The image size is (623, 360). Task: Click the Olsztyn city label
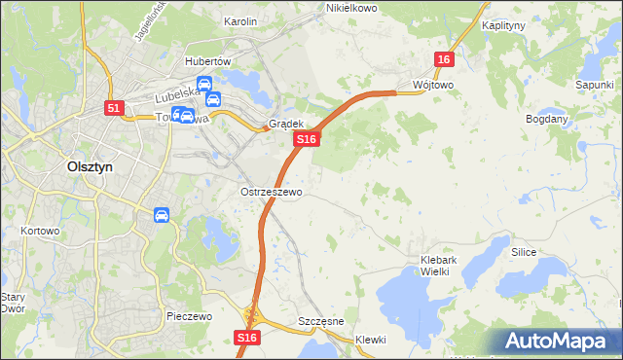[x=90, y=166]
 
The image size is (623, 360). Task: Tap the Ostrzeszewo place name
[x=271, y=192]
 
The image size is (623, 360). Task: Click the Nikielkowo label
[x=349, y=8]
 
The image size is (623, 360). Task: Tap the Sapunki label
[x=594, y=86]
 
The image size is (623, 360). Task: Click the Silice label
[x=524, y=251]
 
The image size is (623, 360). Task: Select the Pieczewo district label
[x=189, y=316]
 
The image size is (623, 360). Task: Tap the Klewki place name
[x=370, y=340]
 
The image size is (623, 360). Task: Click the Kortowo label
[x=40, y=232]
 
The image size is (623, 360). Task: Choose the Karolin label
[x=239, y=20]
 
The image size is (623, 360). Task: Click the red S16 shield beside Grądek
[x=307, y=140]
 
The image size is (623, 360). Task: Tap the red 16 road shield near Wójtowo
[x=444, y=59]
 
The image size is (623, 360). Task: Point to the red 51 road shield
[x=114, y=108]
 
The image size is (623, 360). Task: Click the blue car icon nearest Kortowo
[x=161, y=214]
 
